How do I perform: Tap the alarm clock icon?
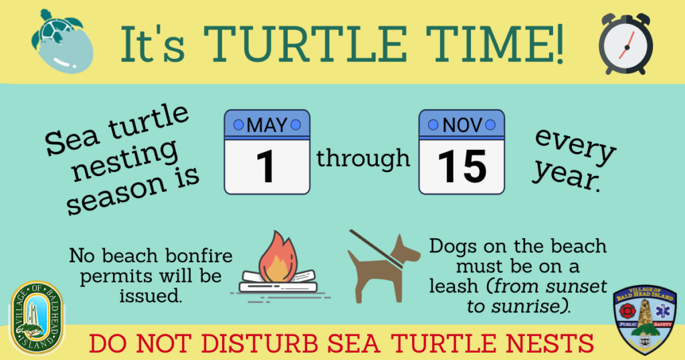point(625,43)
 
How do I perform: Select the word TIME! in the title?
point(495,45)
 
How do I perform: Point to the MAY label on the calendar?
point(267,125)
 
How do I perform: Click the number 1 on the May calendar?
point(265,167)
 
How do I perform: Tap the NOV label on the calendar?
point(462,125)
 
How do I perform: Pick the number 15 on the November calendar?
point(462,167)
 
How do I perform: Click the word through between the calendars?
point(363,158)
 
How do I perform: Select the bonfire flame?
point(278,256)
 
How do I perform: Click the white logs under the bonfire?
point(278,282)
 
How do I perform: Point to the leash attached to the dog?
point(376,249)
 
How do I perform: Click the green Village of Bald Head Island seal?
point(37,317)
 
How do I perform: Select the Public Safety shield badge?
point(644,320)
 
